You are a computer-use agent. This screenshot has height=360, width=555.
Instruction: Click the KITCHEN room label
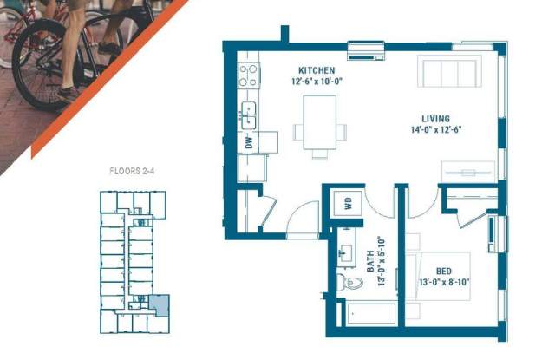[x=317, y=70]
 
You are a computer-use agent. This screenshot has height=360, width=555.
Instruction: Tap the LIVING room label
[x=435, y=119]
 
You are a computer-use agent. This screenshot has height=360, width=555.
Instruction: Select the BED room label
[x=443, y=272]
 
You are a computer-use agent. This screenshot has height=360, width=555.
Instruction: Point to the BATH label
[x=370, y=261]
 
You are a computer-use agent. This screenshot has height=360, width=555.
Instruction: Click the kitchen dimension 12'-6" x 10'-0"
[x=317, y=82]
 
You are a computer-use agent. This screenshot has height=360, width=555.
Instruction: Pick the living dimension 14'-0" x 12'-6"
[x=436, y=129]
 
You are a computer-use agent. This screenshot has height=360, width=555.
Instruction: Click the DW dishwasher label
[x=250, y=142]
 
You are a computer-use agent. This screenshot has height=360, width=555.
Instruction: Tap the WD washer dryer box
[x=349, y=203]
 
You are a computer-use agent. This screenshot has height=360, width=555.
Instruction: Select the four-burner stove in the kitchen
[x=249, y=75]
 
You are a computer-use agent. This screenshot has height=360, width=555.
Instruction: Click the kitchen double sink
[x=248, y=115]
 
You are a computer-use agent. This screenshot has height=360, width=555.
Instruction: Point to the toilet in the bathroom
[x=349, y=282]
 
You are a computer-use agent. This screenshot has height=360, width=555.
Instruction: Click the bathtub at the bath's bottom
[x=371, y=313]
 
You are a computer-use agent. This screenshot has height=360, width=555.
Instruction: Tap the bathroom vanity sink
[x=345, y=252]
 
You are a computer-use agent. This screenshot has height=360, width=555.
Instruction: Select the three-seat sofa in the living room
[x=449, y=71]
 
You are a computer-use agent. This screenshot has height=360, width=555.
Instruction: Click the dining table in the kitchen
[x=320, y=122]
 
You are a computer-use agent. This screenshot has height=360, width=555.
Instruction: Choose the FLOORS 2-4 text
[x=132, y=172]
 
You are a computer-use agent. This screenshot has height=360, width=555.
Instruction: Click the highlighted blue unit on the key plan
[x=160, y=304]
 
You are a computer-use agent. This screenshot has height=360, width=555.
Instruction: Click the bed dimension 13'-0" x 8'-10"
[x=444, y=283]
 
